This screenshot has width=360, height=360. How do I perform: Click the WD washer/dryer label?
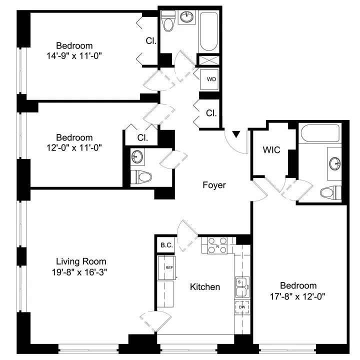211,79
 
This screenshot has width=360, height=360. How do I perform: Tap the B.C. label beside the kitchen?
165,245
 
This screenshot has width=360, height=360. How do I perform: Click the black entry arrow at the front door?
237,134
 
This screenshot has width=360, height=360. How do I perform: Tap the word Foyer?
214,185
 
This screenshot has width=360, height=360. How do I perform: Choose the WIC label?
271,149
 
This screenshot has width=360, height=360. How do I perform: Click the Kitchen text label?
205,287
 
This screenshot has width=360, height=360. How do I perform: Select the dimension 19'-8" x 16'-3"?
81,272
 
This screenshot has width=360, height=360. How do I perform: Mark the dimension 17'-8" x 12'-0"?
298,296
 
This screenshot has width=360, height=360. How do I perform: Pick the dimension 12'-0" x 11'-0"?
74,148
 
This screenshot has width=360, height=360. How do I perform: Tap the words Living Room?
81,261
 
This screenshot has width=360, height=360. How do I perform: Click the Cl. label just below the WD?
211,113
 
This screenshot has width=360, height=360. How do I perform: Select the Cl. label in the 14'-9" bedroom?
150,41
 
